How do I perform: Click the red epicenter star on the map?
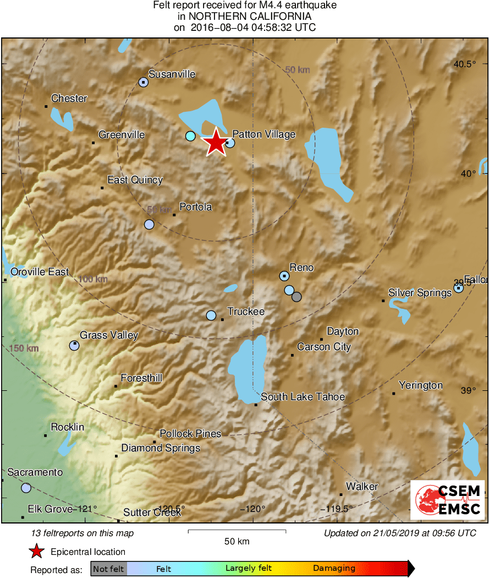point(216,143)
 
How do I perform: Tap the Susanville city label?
point(172,74)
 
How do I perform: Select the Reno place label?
point(301,268)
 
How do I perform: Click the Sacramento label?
point(35,472)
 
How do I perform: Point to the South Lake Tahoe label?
point(303,397)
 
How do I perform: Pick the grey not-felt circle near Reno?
point(297,297)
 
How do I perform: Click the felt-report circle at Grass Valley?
point(74,346)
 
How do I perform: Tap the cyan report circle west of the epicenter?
point(190,136)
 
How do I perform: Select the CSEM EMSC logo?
point(447,500)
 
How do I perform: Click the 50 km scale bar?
point(237,531)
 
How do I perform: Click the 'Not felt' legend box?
point(108,569)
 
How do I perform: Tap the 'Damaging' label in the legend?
point(334,569)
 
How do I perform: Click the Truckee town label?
point(246,312)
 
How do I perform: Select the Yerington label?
point(421,385)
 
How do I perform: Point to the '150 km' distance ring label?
point(24,348)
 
